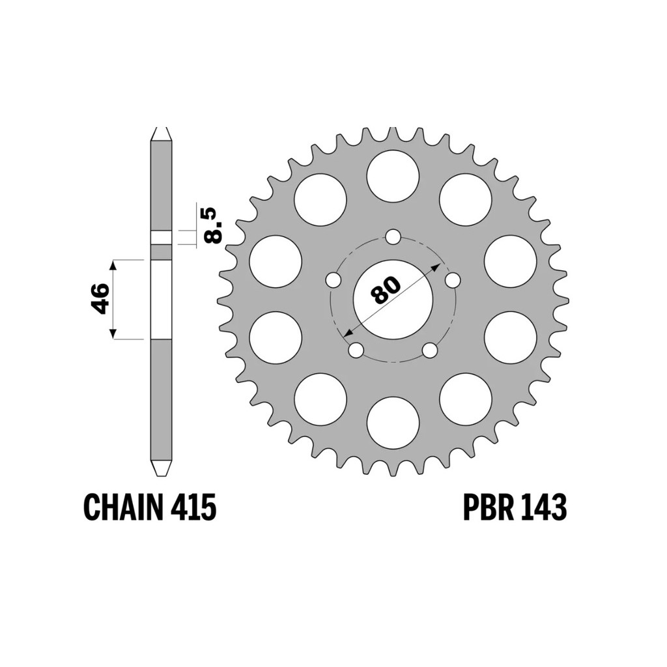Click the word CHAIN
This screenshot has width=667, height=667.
point(123,507)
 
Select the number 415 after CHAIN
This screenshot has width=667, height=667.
point(194,507)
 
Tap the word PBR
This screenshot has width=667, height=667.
point(487,507)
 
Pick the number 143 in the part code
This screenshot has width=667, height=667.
point(544,507)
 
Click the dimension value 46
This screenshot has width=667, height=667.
point(100,299)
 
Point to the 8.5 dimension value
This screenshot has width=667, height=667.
point(213,225)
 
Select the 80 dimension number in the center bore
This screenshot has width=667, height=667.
point(386,290)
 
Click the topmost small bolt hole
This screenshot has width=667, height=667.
point(393,237)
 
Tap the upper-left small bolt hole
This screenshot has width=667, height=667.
point(333,280)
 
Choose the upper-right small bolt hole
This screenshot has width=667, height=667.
point(453,280)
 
